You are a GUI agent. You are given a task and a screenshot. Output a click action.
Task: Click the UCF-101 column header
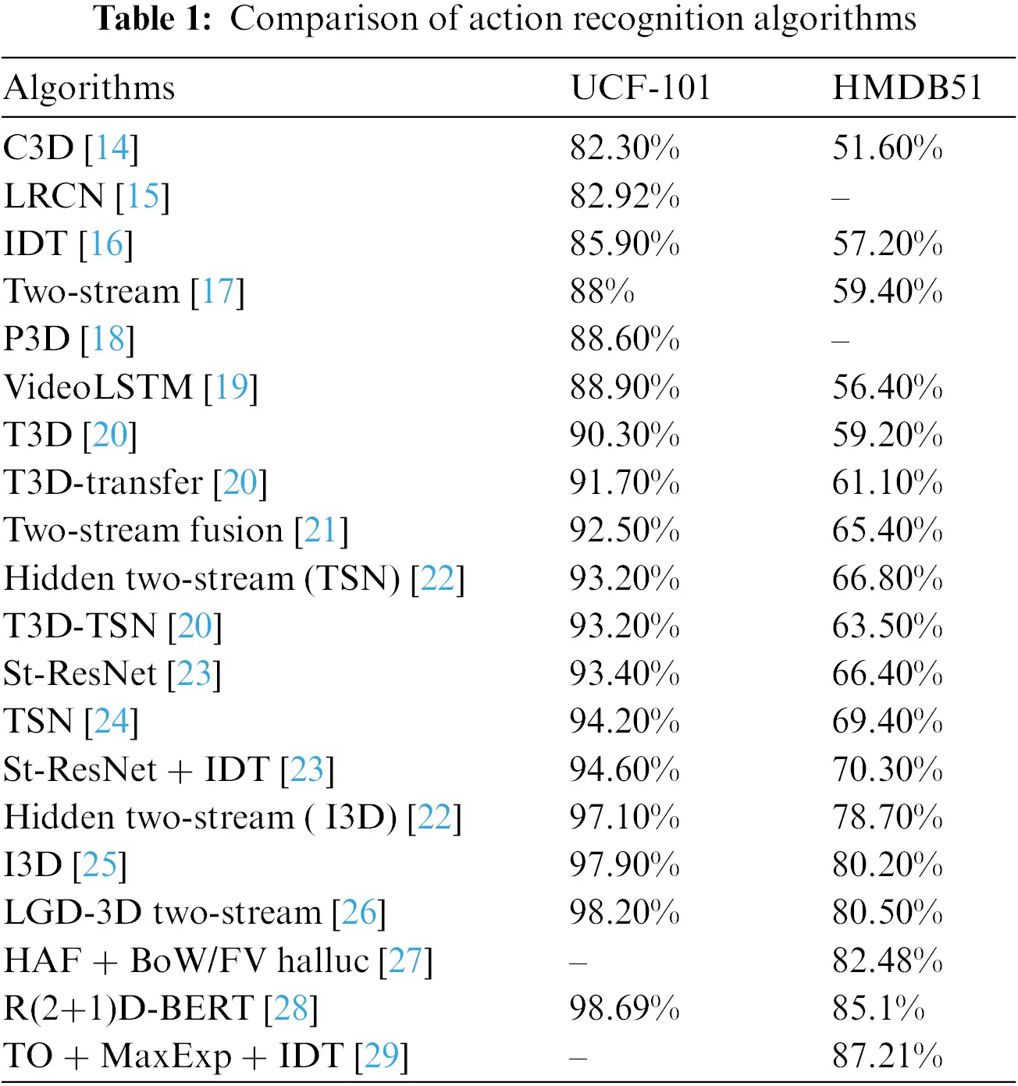640,87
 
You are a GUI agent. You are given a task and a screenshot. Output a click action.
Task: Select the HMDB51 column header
907,87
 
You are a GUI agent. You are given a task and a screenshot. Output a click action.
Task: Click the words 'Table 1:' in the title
153,19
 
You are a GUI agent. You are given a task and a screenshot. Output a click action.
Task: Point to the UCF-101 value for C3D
624,147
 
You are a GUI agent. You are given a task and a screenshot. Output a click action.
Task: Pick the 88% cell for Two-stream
601,291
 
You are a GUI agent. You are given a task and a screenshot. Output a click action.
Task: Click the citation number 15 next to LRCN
142,196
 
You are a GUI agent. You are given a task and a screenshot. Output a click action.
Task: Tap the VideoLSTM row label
98,387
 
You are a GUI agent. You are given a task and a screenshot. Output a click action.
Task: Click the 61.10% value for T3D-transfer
887,482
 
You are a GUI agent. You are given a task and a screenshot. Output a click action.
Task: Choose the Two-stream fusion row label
144,531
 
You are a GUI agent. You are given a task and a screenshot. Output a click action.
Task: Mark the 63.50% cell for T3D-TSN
887,626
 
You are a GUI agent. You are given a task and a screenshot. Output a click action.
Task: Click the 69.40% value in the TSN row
887,721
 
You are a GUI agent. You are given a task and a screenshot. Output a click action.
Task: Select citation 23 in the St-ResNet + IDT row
307,769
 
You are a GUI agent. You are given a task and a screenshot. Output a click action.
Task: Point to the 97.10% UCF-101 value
624,817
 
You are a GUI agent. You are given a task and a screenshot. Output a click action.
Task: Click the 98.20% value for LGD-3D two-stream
624,912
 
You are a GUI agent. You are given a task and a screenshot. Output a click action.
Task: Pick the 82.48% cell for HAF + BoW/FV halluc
887,960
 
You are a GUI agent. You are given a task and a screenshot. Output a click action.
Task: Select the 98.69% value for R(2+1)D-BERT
624,1008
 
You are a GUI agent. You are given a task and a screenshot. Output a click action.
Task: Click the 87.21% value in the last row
887,1056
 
